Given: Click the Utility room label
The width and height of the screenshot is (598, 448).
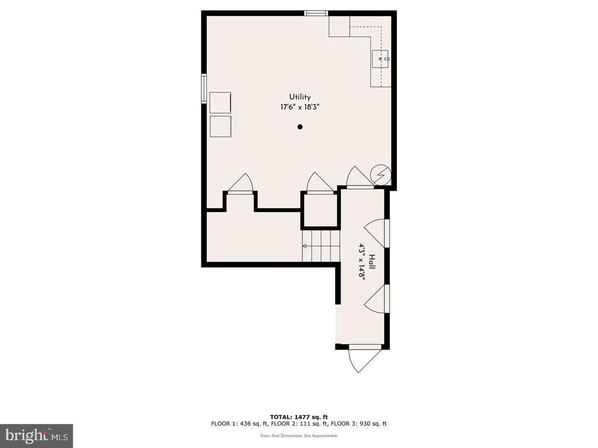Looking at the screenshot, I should click(300, 97).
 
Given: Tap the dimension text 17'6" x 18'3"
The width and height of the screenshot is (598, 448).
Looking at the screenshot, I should click(300, 107).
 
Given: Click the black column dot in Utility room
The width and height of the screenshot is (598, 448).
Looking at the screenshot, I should click(300, 127).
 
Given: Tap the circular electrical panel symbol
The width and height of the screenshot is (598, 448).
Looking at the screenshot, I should click(380, 175).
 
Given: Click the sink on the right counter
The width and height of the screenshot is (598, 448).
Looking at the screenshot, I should click(380, 59).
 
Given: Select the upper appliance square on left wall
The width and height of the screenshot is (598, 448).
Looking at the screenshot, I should click(220, 102).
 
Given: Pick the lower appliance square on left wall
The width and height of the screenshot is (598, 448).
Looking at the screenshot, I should click(220, 126).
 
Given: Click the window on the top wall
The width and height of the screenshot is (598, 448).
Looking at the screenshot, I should click(316, 13).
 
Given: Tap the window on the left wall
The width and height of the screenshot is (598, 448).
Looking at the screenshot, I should click(204, 88).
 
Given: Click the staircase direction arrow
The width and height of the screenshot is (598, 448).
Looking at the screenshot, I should click(304, 246).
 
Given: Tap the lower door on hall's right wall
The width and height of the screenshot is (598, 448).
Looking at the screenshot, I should click(377, 299).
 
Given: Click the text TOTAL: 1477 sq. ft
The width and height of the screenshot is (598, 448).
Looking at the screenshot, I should click(299, 417).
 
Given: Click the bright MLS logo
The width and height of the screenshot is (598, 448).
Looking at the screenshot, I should click(36, 436).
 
